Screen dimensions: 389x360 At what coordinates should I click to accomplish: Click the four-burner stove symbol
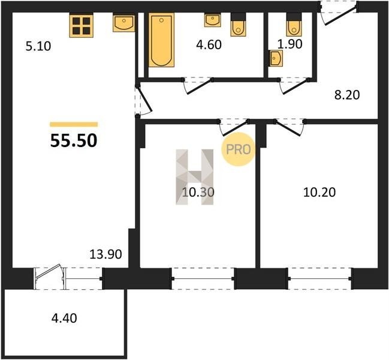coord(82,26)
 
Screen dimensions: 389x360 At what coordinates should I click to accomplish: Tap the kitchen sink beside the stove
coord(124,23)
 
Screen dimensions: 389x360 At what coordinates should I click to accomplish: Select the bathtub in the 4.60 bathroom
coord(161,40)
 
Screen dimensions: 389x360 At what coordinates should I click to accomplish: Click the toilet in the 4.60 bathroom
coord(238,25)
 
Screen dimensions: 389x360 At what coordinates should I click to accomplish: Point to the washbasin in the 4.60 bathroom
coord(212,20)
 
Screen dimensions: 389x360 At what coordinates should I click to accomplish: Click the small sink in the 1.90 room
coord(277,58)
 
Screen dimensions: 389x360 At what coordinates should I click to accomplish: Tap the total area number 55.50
coord(74,140)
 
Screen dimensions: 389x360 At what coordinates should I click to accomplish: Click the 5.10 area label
coord(38,46)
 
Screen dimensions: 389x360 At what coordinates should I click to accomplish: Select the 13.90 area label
coord(105,254)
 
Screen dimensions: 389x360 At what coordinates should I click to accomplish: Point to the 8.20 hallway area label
coord(347,95)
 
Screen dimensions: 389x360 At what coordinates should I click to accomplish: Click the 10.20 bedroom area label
coord(319,192)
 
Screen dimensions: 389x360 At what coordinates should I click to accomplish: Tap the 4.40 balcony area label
coord(64,318)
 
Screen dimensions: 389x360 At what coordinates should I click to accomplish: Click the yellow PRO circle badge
coord(238,149)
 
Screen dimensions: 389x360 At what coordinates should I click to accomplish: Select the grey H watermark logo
coord(194,177)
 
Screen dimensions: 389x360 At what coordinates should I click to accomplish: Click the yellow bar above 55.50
coord(74,124)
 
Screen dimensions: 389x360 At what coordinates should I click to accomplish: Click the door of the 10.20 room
coord(290,127)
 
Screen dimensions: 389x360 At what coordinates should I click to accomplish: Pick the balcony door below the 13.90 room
coord(50,278)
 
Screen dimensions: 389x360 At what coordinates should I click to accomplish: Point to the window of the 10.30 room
coord(203,278)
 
